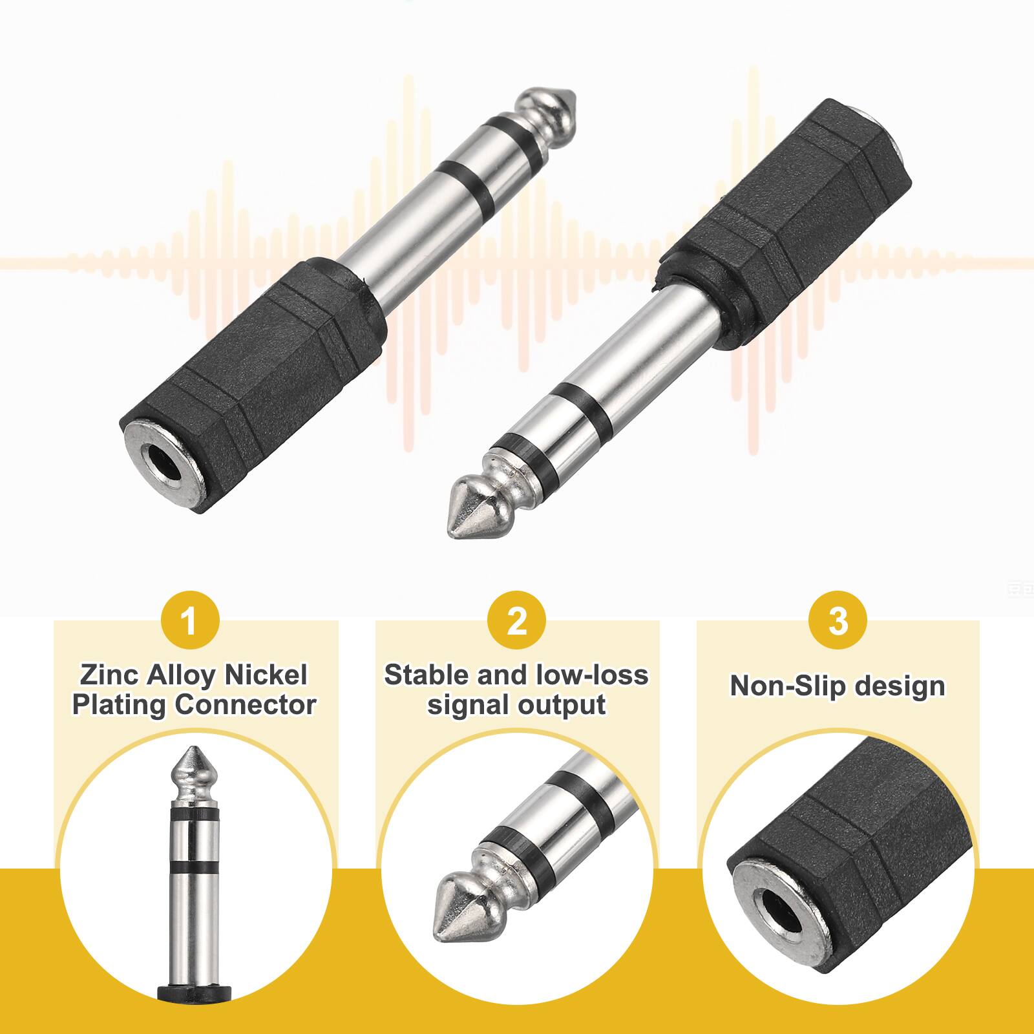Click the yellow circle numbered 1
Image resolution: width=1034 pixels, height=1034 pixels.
pyautogui.click(x=189, y=622)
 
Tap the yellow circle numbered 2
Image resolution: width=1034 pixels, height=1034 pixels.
pyautogui.click(x=516, y=622)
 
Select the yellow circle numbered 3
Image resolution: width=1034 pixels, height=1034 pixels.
pyautogui.click(x=838, y=622)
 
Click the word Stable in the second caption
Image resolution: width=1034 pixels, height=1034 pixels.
pyautogui.click(x=425, y=675)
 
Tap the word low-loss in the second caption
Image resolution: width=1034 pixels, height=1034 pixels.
pyautogui.click(x=592, y=675)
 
